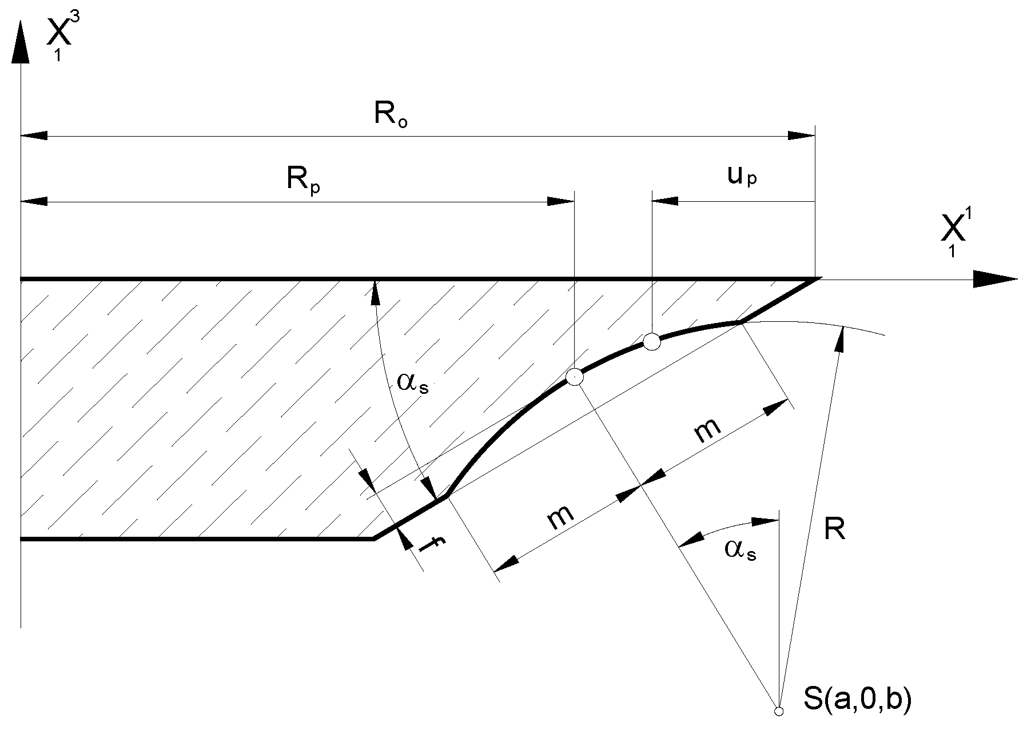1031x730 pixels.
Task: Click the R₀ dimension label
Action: pyautogui.click(x=391, y=115)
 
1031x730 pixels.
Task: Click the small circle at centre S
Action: pyautogui.click(x=778, y=712)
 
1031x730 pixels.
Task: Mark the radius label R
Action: pyautogui.click(x=834, y=530)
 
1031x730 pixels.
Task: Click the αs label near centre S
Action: pyautogui.click(x=740, y=550)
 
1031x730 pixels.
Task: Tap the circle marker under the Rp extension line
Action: pyautogui.click(x=574, y=377)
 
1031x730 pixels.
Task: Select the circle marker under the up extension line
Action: pyautogui.click(x=652, y=342)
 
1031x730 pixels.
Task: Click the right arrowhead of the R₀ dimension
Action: pyautogui.click(x=801, y=136)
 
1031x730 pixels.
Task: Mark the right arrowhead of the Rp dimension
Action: pyautogui.click(x=560, y=201)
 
